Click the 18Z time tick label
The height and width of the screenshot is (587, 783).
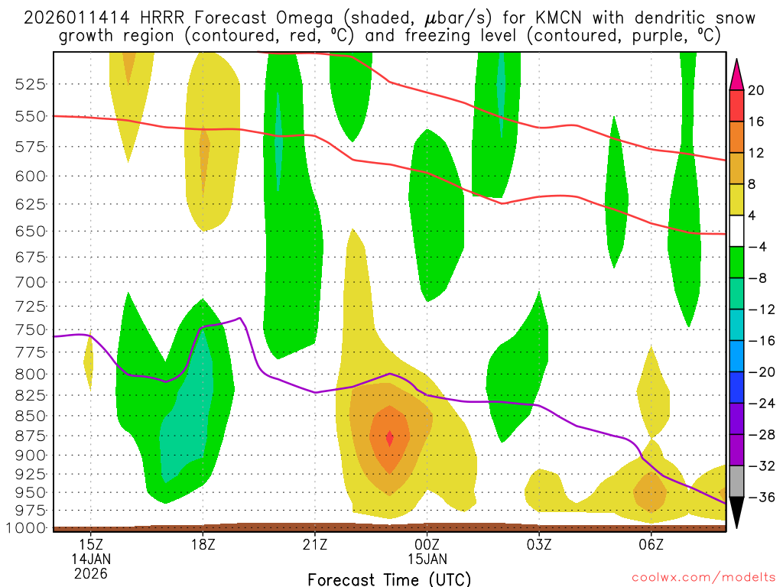pos(203,544)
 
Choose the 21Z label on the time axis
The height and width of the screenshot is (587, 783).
pos(315,544)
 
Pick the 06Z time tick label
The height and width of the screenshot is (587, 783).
pos(651,544)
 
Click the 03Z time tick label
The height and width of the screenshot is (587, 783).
pos(539,544)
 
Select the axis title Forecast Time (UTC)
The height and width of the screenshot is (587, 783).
pos(389,579)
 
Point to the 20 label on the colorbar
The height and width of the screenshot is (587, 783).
pos(756,90)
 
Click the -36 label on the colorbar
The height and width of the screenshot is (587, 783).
pos(760,498)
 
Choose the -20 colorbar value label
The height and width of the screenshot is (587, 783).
pos(760,372)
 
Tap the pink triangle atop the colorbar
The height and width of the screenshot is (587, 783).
pos(737,74)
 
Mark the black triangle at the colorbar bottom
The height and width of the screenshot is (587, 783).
pos(737,514)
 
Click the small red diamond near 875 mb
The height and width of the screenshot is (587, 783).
pos(390,438)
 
